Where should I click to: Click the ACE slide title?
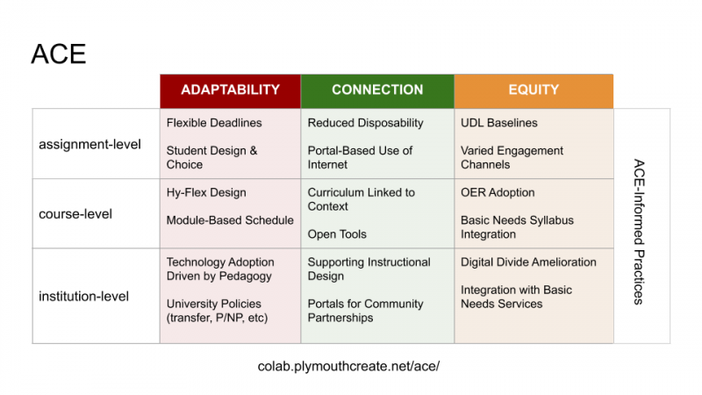pyautogui.click(x=59, y=54)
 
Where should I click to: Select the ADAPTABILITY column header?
pyautogui.click(x=230, y=90)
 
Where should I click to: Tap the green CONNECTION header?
pyautogui.click(x=377, y=90)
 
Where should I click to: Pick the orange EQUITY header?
pyautogui.click(x=534, y=90)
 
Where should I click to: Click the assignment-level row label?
pyautogui.click(x=90, y=145)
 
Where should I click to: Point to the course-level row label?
pyautogui.click(x=75, y=214)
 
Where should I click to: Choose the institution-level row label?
pyautogui.click(x=83, y=297)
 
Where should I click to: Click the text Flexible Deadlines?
pyautogui.click(x=214, y=123)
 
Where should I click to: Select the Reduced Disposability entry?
pyautogui.click(x=365, y=123)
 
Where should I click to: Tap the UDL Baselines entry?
pyautogui.click(x=499, y=123)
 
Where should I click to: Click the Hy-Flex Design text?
pyautogui.click(x=206, y=193)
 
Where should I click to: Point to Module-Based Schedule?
pyautogui.click(x=230, y=220)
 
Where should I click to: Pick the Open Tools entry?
pyautogui.click(x=337, y=234)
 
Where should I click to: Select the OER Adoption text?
pyautogui.click(x=498, y=192)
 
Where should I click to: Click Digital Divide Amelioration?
pyautogui.click(x=529, y=262)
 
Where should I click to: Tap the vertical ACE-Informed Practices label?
pyautogui.click(x=639, y=232)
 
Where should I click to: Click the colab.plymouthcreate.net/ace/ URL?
pyautogui.click(x=348, y=366)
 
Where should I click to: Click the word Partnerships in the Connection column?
pyautogui.click(x=340, y=318)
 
